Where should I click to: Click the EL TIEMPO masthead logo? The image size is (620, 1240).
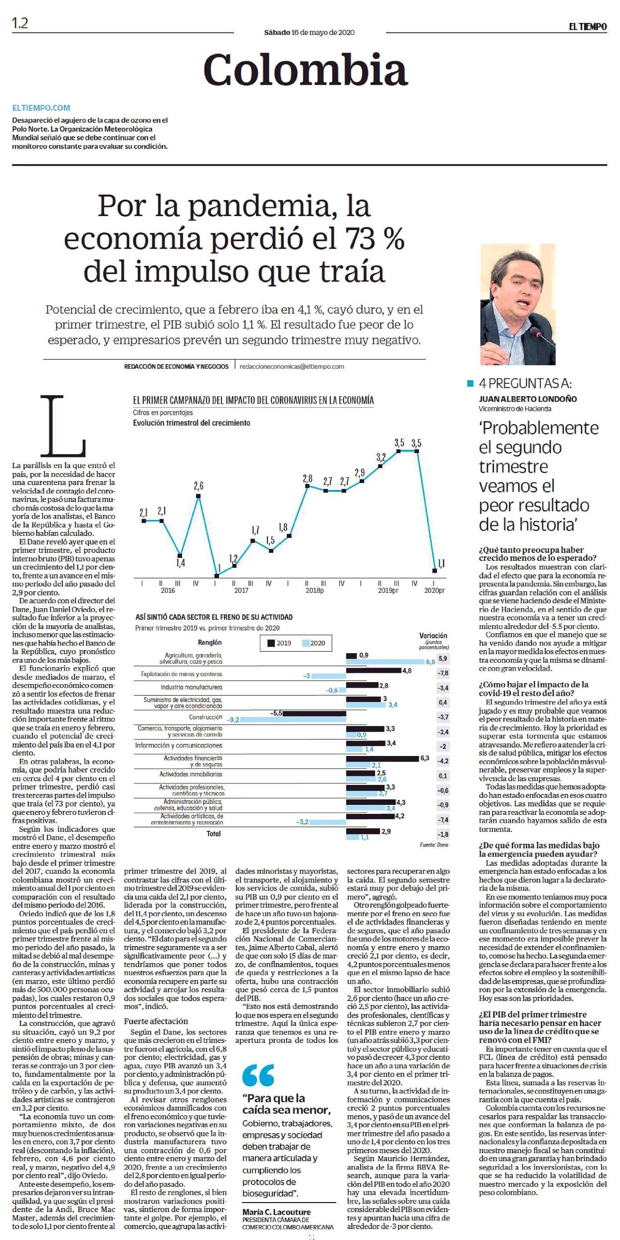(588, 26)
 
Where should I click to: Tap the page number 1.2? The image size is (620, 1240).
(20, 23)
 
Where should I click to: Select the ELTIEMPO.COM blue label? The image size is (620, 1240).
(41, 108)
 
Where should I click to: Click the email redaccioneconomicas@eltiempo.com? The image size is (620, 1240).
(292, 366)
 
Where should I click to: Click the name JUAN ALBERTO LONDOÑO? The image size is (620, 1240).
(528, 399)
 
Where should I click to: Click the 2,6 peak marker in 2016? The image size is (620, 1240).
(199, 496)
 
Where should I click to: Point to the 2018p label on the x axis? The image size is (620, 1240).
(314, 590)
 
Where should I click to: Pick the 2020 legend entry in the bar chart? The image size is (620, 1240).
(313, 643)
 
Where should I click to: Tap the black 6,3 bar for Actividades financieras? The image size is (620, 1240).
(383, 758)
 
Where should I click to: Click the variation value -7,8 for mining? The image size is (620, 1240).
(443, 673)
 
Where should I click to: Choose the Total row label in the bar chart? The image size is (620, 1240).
(213, 834)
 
